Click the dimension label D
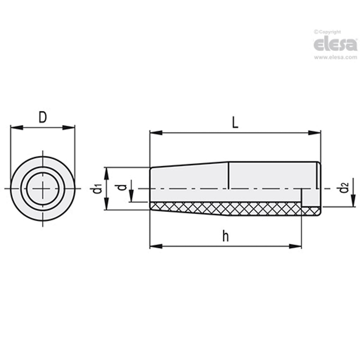(43, 117)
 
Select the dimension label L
(235, 123)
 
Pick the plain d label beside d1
(121, 187)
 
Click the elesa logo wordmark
(335, 44)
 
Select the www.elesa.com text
(335, 58)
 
